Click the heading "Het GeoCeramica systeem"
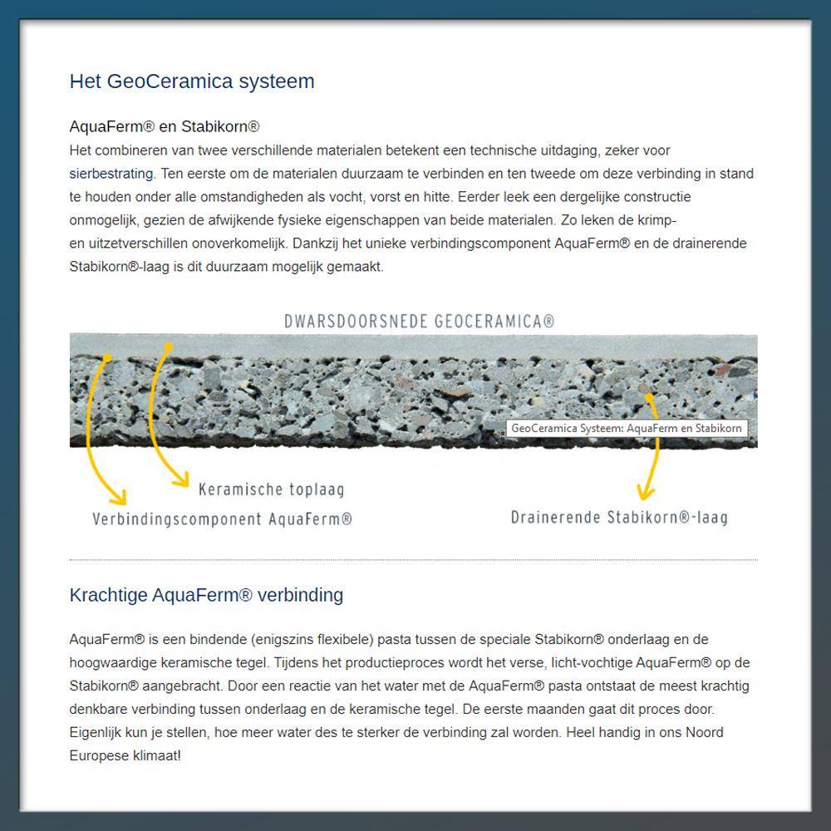click(192, 81)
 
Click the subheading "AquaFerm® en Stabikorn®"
click(165, 127)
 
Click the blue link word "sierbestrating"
click(111, 174)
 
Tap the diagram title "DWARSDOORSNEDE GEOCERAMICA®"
click(419, 322)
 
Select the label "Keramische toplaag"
click(271, 489)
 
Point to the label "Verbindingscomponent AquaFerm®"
click(222, 519)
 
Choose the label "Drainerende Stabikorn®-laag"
click(619, 518)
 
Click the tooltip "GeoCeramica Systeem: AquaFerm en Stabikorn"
click(626, 428)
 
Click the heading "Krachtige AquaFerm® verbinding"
click(206, 595)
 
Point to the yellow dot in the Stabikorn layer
click(650, 397)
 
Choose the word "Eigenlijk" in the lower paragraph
click(96, 733)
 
